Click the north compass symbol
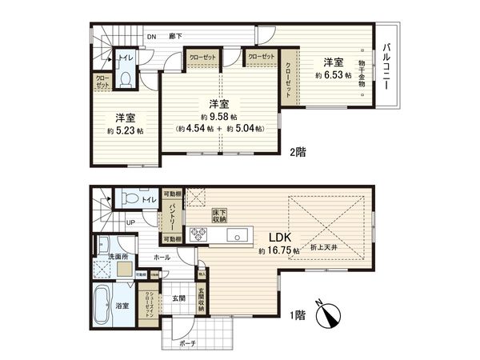pos(329,314)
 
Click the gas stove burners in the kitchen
pos(198,234)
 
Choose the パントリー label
pos(172,215)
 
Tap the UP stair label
pos(130,222)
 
